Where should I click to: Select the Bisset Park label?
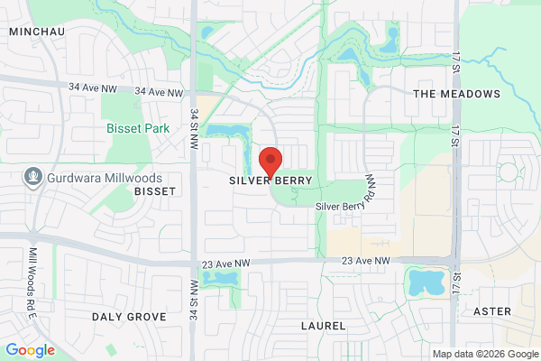click(138, 129)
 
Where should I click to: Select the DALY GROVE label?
click(129, 317)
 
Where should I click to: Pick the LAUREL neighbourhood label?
click(322, 323)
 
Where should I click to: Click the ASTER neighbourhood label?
click(492, 311)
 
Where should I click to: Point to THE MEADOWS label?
click(455, 94)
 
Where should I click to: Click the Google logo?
click(30, 350)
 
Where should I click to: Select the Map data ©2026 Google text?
click(483, 353)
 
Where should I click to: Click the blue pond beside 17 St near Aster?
click(426, 282)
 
